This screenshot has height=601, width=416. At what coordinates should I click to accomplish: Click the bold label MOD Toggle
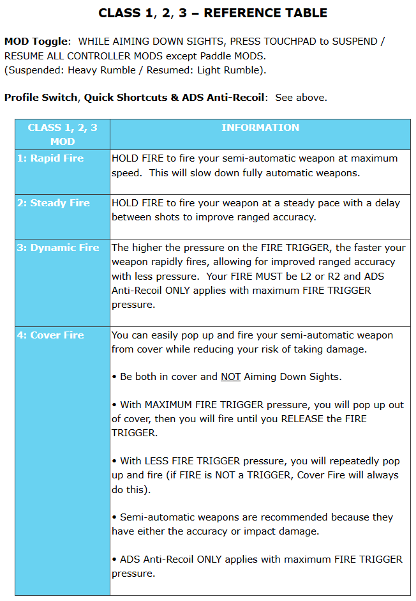36,42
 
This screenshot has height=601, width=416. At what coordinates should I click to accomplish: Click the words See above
301,98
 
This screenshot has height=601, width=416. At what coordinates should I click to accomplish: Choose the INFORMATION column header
260,128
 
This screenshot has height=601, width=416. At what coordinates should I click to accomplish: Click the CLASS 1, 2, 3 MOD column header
63,134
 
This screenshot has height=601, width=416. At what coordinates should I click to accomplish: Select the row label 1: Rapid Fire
50,158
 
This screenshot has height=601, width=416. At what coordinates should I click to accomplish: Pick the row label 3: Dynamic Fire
58,248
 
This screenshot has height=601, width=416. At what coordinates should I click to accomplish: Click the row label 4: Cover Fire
50,335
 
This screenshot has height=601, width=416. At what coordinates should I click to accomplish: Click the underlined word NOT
230,377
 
